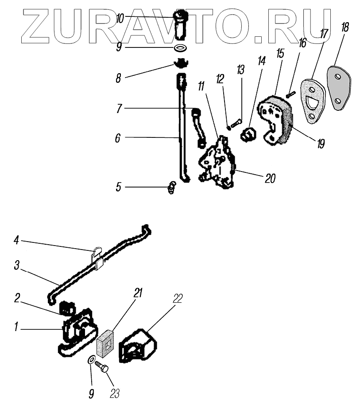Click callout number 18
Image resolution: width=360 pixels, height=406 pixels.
click(x=344, y=28)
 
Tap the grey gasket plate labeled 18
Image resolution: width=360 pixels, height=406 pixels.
click(x=338, y=88)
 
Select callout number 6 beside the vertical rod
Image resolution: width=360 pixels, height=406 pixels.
click(x=117, y=138)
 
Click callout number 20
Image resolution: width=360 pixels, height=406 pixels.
click(x=270, y=179)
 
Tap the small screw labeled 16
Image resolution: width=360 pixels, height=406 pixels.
click(x=290, y=94)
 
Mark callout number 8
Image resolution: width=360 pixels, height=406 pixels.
click(x=118, y=78)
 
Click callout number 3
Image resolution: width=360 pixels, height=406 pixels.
click(x=16, y=266)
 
